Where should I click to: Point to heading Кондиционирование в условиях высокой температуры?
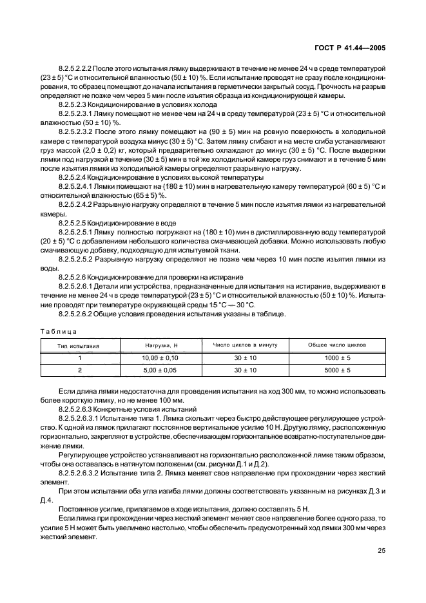(x=161, y=177)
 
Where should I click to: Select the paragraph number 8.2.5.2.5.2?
(x=77, y=259)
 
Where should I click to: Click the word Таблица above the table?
(x=57, y=331)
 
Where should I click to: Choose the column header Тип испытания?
(x=79, y=346)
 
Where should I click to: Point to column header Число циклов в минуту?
(x=245, y=345)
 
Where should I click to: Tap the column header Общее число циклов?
(x=337, y=345)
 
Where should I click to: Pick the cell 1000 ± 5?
(x=337, y=358)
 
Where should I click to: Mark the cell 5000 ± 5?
(x=337, y=370)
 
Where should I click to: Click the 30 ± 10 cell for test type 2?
(x=245, y=370)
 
